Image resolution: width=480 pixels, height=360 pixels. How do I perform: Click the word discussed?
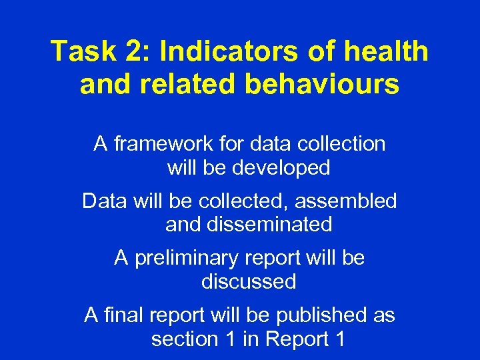(249, 281)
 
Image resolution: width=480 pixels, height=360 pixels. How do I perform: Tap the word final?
(124, 315)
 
